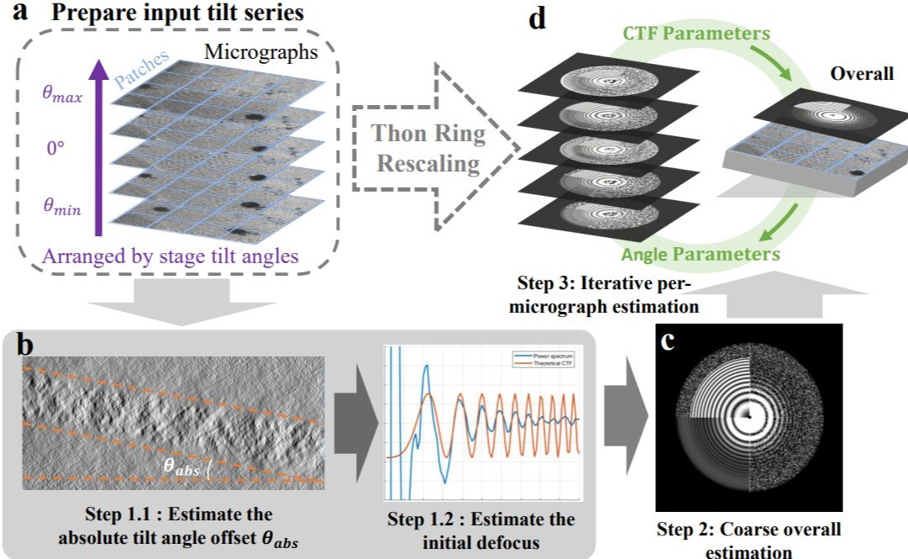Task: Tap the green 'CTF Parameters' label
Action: [708, 34]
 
